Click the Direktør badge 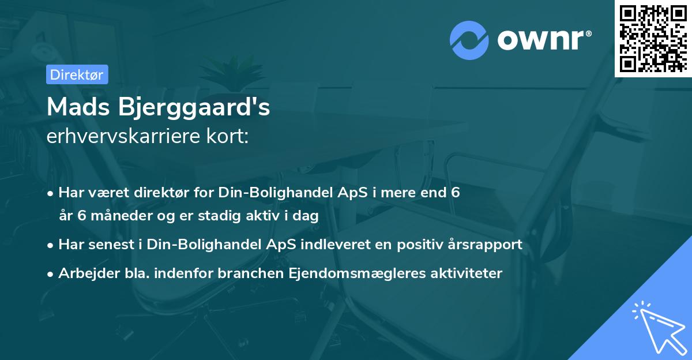[x=77, y=74]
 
